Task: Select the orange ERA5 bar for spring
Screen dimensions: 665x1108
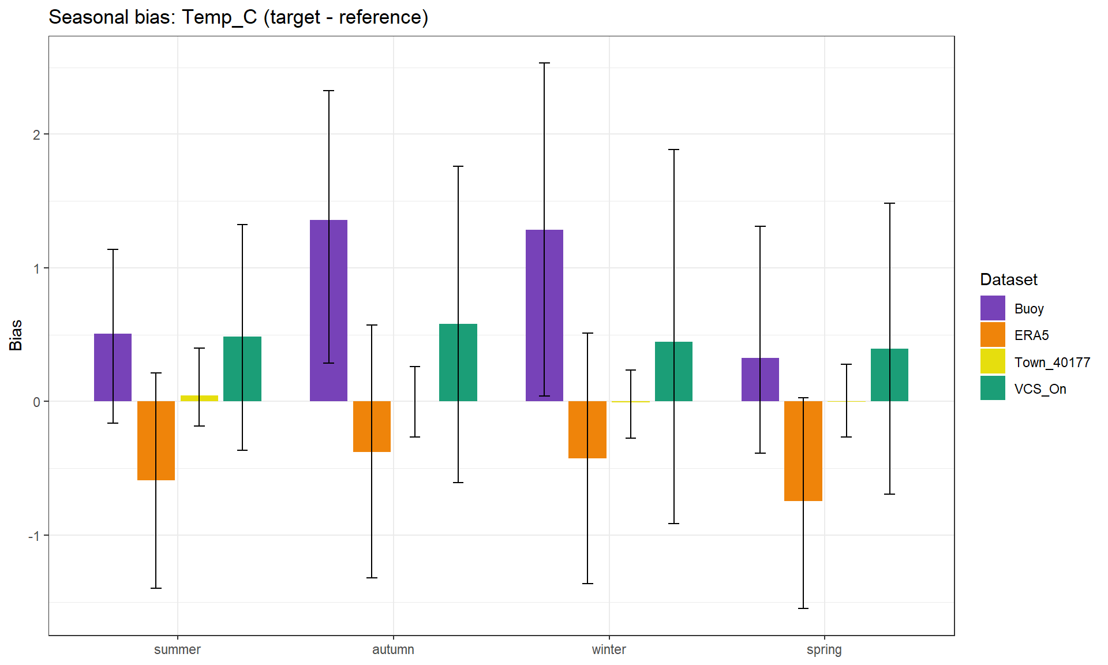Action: [x=803, y=451]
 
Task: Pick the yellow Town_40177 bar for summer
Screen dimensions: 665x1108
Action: [x=199, y=398]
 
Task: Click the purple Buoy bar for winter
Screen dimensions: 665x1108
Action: [x=544, y=315]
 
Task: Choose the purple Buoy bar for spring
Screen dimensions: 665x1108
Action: [x=760, y=379]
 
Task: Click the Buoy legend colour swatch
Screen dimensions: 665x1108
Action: [x=993, y=308]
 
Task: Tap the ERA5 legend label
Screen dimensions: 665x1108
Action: [x=1031, y=335]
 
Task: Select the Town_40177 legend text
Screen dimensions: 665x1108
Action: [x=1052, y=363]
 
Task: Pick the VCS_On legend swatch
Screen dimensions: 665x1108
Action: [x=993, y=388]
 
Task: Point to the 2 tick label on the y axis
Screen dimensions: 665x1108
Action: [x=36, y=135]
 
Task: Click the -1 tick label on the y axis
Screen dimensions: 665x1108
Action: [x=35, y=536]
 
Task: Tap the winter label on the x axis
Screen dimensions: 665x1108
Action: [x=609, y=649]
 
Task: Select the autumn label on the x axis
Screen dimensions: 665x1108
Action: [x=393, y=649]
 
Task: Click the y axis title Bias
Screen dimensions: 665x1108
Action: [x=16, y=335]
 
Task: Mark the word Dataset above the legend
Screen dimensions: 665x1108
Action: [x=1008, y=279]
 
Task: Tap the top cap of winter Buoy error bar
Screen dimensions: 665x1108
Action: [x=544, y=63]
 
